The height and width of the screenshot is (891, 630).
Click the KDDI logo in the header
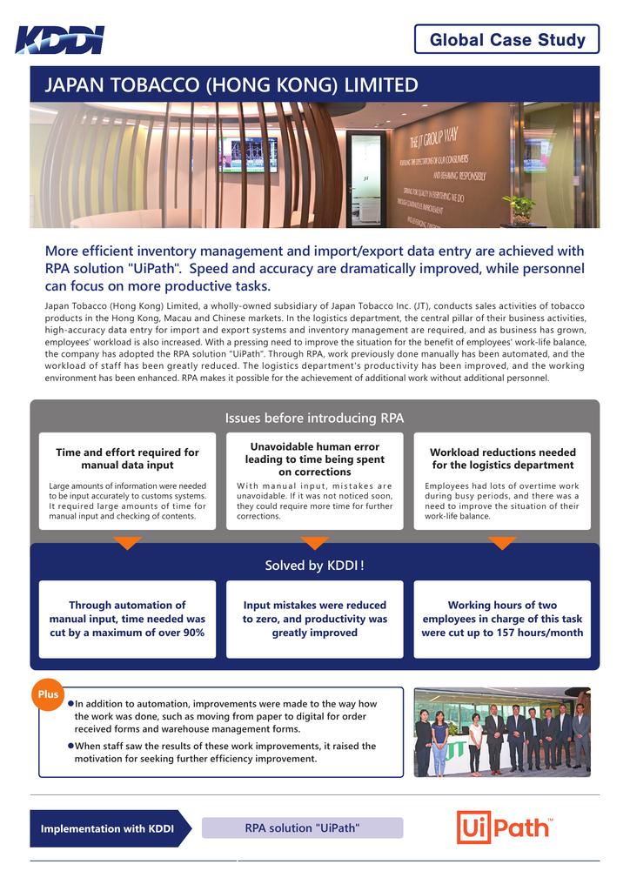59,40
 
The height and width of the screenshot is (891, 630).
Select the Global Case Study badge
506,39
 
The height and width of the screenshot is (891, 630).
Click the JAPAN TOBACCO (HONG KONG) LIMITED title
231,85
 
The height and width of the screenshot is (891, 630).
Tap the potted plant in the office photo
519,208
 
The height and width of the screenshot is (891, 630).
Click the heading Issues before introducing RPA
314,418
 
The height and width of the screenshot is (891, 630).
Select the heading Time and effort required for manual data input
127,459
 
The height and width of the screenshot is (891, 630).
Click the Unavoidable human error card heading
314,459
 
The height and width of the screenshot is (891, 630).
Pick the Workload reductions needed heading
502,459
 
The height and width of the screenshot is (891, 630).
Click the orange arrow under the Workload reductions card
502,543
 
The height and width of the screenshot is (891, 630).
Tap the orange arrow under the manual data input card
127,543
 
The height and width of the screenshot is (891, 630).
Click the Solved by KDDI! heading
314,566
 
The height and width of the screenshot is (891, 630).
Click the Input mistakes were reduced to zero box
314,619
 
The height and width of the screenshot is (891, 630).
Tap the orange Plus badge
49,694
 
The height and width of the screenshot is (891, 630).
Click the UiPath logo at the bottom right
505,827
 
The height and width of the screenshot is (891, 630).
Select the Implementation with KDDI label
106,828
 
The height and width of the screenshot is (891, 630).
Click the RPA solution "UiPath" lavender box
302,827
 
